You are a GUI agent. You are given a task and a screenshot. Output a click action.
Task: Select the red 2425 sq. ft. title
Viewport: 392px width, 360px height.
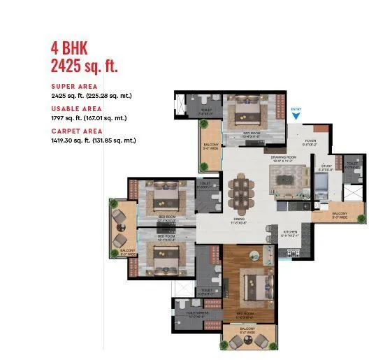click(84, 66)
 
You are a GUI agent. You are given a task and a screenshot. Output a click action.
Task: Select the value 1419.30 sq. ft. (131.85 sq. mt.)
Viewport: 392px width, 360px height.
click(93, 141)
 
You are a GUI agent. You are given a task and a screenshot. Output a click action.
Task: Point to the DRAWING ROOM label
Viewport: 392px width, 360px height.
click(284, 157)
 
